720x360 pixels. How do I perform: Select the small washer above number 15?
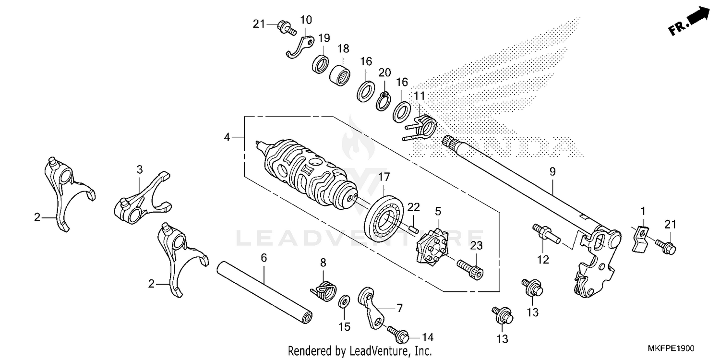[344, 302]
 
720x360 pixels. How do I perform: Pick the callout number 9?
[552, 171]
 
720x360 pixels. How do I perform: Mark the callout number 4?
[228, 138]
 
